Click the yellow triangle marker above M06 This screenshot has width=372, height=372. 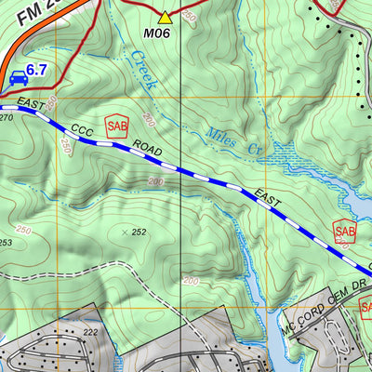[166, 16]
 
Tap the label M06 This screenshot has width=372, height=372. [156, 33]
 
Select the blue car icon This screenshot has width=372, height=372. [18, 78]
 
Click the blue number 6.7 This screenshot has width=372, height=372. [36, 70]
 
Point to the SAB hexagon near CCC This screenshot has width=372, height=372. [116, 126]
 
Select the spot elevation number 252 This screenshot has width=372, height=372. [139, 232]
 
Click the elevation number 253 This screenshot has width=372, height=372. [6, 242]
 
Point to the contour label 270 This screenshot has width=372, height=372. [7, 119]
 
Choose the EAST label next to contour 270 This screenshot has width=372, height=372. [30, 108]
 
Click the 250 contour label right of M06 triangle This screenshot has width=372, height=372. [190, 17]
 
